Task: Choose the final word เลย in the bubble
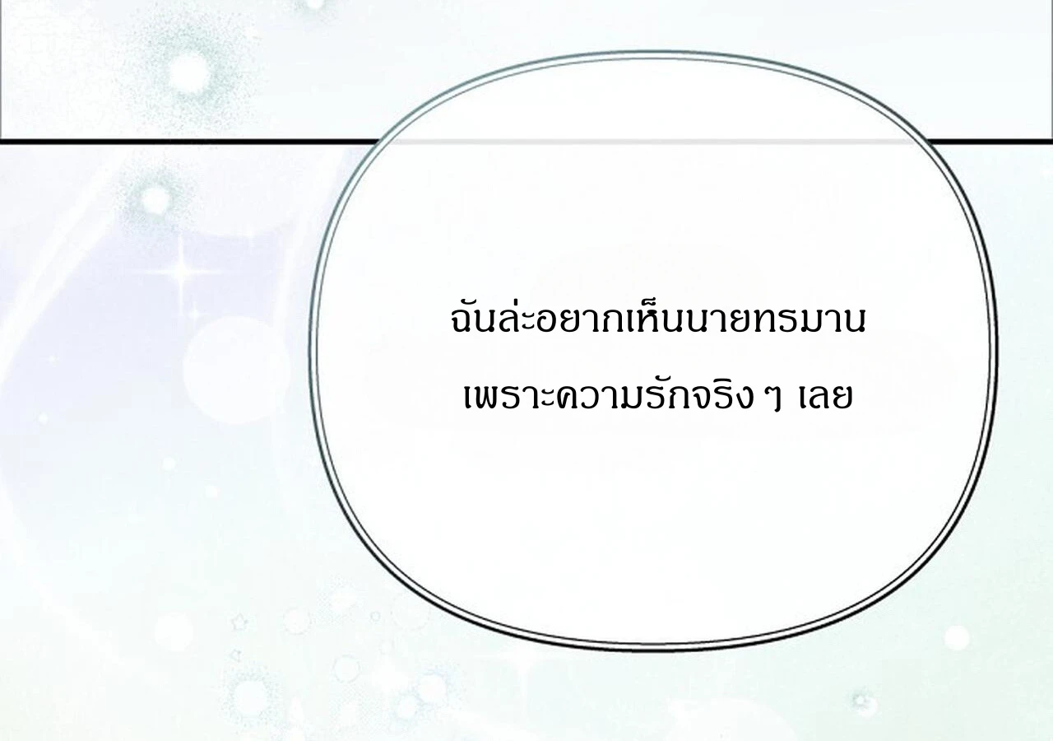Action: (x=825, y=396)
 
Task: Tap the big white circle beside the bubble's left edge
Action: (x=235, y=370)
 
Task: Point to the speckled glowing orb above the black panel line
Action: (x=190, y=73)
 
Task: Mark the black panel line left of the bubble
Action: (x=188, y=141)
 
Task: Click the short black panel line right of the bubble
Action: (x=989, y=140)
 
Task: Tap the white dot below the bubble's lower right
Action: (x=957, y=638)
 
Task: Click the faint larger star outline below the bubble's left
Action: (x=239, y=623)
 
